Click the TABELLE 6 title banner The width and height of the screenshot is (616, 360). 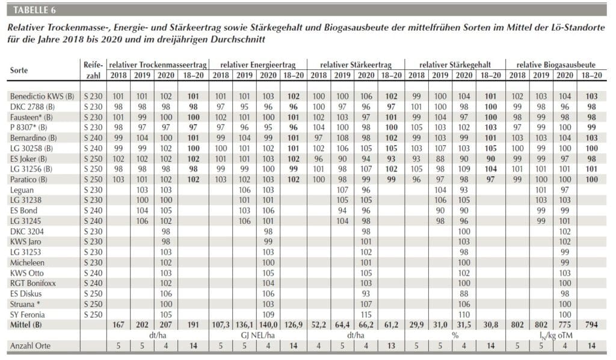307,10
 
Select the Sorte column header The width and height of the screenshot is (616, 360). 19,70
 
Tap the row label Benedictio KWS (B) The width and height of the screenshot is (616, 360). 42,96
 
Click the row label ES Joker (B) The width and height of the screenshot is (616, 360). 28,159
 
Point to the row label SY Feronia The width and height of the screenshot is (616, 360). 28,314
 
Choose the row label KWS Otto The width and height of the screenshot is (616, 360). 26,273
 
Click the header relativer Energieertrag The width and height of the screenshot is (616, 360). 257,65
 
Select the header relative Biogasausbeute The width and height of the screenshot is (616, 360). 556,65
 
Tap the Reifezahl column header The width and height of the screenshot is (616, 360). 93,70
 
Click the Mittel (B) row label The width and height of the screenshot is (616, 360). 26,324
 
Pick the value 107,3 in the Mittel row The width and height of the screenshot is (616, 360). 221,324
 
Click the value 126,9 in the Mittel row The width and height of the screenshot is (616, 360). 294,324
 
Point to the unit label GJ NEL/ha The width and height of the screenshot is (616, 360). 257,335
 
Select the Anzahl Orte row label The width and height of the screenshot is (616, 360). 30,346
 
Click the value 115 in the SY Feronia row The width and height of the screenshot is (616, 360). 366,314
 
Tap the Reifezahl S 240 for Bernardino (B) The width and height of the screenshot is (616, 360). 93,138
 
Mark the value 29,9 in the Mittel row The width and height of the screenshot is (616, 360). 416,324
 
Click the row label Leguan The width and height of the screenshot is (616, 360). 22,190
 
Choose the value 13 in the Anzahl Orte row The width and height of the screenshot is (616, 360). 391,346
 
